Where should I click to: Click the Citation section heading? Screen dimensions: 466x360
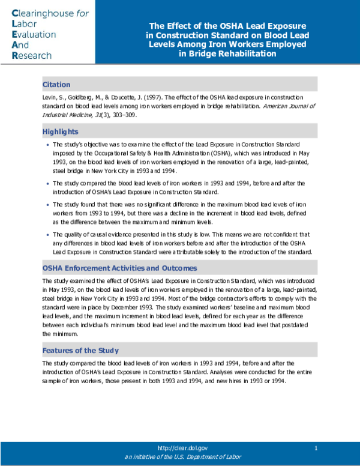tap(56, 85)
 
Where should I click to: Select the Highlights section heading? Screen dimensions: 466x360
tap(60, 132)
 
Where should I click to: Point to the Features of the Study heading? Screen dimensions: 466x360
tap(80, 350)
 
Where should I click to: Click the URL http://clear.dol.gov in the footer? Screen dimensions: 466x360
tap(182, 448)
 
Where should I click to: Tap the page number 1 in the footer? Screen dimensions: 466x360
tap(316, 448)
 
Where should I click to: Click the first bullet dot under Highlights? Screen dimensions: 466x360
tap(47, 145)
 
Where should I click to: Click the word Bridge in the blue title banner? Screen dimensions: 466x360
tap(199, 53)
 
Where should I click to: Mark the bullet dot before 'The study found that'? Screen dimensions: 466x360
tap(47, 205)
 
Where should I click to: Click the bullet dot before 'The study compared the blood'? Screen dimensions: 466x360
tap(47, 183)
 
